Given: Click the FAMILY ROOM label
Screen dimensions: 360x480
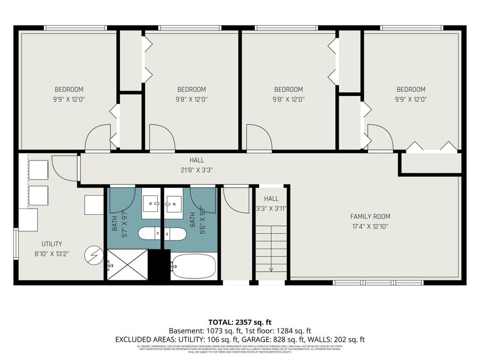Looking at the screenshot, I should (x=370, y=217).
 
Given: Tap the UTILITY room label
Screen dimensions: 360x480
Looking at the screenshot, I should (x=48, y=244).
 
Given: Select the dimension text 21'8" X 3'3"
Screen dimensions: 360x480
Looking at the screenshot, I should (x=196, y=171).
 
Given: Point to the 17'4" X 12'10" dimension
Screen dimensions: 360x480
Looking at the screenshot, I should (x=370, y=227).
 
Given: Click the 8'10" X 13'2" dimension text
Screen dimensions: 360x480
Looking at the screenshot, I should (x=48, y=254).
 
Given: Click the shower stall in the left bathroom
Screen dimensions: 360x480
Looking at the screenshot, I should (x=127, y=265).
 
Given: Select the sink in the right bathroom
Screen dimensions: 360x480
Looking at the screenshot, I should (x=173, y=203).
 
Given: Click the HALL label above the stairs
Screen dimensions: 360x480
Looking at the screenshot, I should (x=271, y=198).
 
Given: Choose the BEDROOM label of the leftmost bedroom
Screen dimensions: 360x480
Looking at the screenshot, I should (x=69, y=89).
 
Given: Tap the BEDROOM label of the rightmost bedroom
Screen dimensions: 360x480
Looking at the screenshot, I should (x=411, y=89).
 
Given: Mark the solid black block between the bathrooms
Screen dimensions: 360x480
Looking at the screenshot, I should (x=159, y=265).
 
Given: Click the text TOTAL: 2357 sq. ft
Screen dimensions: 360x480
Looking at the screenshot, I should (x=239, y=322).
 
